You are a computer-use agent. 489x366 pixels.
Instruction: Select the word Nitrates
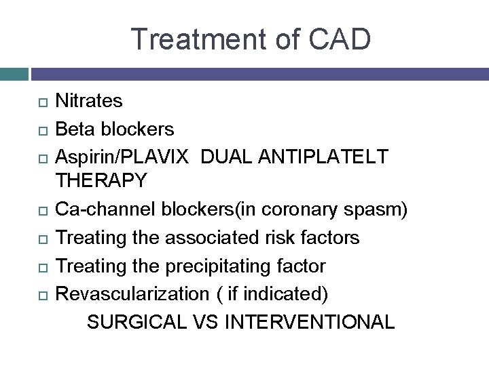click(89, 101)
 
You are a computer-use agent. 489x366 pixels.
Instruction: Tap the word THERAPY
click(101, 182)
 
